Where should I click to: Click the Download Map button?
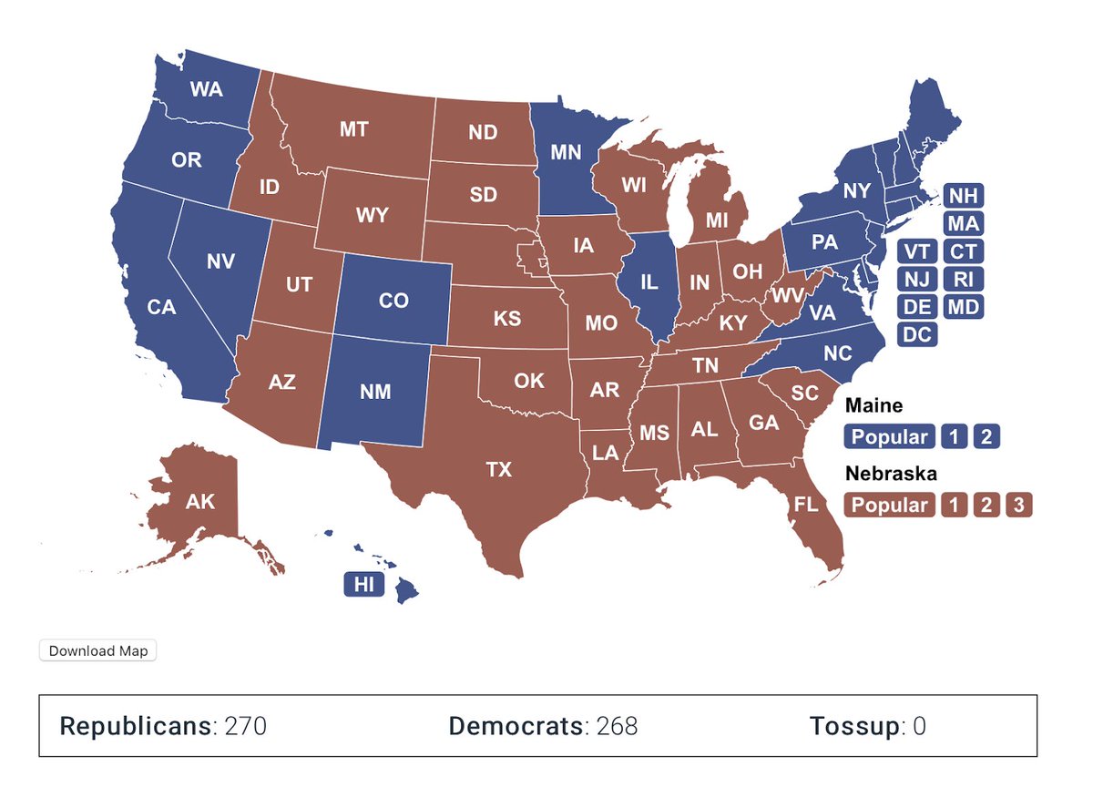coord(97,650)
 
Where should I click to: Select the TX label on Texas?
coord(498,470)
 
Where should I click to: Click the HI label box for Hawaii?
coord(364,585)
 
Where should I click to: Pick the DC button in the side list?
coord(917,334)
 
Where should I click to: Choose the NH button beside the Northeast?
coord(963,195)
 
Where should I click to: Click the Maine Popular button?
coord(890,436)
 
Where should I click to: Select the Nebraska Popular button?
coord(890,505)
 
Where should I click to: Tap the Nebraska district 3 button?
coord(1018,505)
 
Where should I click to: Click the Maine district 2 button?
coord(986,436)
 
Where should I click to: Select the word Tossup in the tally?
coord(853,726)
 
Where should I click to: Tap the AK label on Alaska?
coord(200,501)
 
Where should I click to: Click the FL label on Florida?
coord(805,505)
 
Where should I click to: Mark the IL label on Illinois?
coord(649,282)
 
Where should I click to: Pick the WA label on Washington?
coord(207,89)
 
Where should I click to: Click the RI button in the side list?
coord(963,279)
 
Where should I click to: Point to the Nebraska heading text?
coord(891,474)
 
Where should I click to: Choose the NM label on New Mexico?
coord(375,392)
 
